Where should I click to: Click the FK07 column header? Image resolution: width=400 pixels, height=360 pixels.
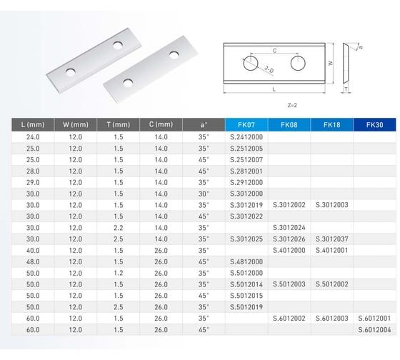click(246, 125)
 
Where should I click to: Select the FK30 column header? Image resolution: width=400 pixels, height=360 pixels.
click(374, 125)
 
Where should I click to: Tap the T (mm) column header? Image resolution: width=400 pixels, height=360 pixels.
click(118, 125)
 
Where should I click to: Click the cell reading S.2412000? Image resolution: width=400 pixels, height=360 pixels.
click(246, 137)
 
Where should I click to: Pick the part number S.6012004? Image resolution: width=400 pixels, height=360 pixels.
click(374, 329)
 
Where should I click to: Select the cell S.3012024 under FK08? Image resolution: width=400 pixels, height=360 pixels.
click(289, 228)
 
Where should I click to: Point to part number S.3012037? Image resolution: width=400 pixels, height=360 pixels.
click(331, 239)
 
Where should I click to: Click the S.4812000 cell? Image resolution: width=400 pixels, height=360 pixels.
click(246, 261)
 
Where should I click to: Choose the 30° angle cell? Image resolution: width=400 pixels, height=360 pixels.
click(204, 194)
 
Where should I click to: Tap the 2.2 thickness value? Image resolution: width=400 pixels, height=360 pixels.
click(119, 228)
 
